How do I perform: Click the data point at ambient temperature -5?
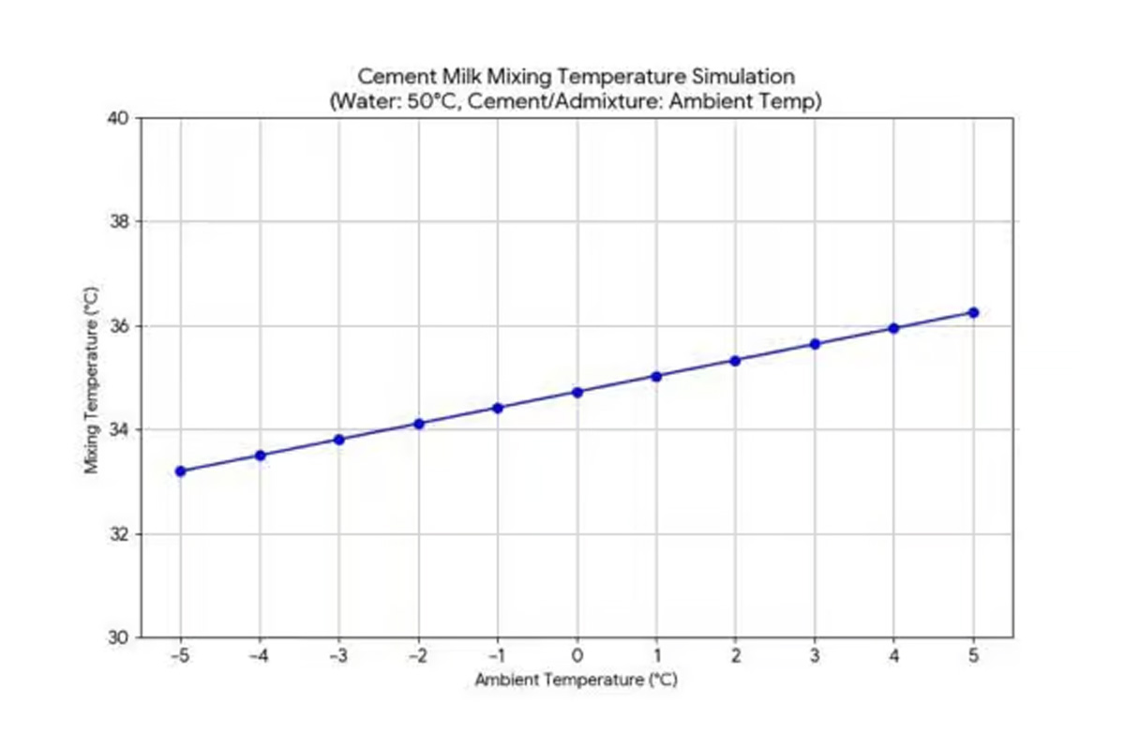(x=181, y=471)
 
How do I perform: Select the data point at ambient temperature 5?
(x=973, y=312)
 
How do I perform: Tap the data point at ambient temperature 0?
(x=577, y=392)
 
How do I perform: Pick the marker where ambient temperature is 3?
(x=815, y=344)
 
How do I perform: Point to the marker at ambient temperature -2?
(x=419, y=424)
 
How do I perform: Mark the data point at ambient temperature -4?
(x=261, y=456)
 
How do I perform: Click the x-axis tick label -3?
(x=338, y=655)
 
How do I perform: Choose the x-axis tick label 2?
(x=736, y=655)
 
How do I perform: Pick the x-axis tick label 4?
(x=894, y=655)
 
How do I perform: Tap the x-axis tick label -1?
(x=497, y=655)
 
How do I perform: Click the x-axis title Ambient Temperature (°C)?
(x=576, y=680)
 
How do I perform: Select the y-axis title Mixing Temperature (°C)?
(x=92, y=379)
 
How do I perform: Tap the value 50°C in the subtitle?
(x=440, y=100)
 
